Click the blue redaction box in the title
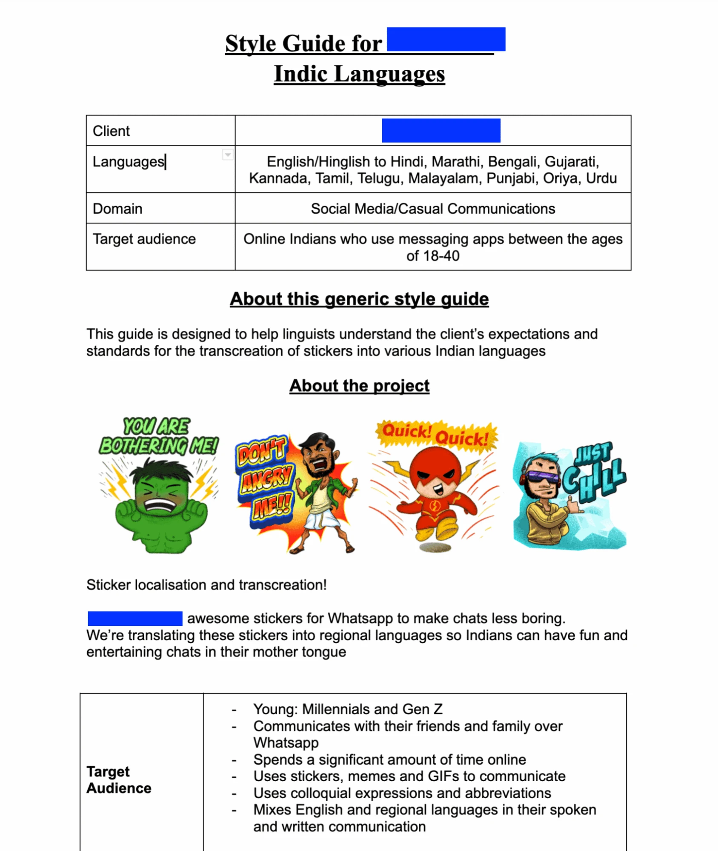[x=446, y=39]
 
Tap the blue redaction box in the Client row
[x=441, y=130]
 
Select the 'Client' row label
[x=111, y=131]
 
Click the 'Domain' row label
[x=117, y=209]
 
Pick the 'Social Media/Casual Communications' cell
[x=432, y=209]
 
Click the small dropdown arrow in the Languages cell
[x=228, y=154]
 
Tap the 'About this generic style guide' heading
[x=359, y=299]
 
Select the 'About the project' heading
[x=359, y=386]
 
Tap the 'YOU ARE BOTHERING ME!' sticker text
[x=158, y=437]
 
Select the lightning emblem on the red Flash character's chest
[x=435, y=506]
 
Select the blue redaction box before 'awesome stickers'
[x=135, y=618]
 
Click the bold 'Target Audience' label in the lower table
[x=119, y=779]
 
